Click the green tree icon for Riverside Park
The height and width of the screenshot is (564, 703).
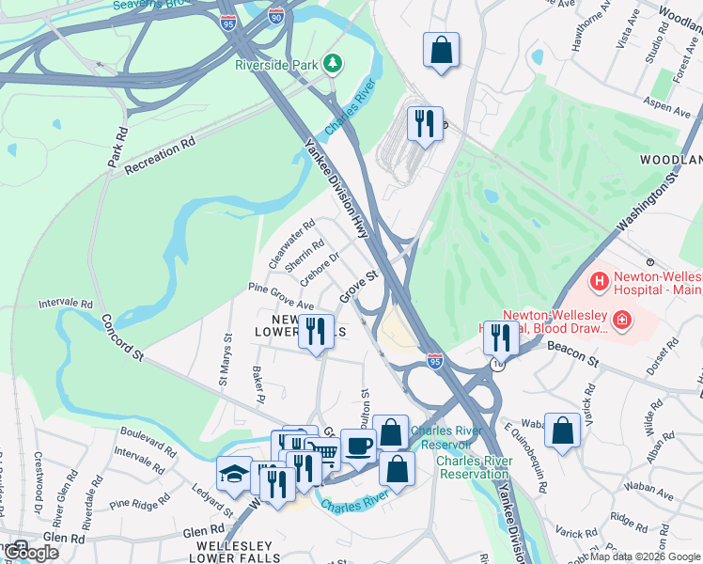tap(332, 64)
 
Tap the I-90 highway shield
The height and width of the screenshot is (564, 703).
tap(274, 16)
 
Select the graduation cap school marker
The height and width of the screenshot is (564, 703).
tap(234, 475)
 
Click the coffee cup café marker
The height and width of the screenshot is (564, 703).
tap(357, 445)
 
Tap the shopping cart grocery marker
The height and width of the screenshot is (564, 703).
tap(324, 453)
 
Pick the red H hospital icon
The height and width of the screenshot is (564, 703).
tap(599, 281)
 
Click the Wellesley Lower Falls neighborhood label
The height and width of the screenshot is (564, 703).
tap(235, 552)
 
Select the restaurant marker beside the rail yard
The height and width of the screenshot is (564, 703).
tap(425, 123)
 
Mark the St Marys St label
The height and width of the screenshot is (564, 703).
tap(225, 358)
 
